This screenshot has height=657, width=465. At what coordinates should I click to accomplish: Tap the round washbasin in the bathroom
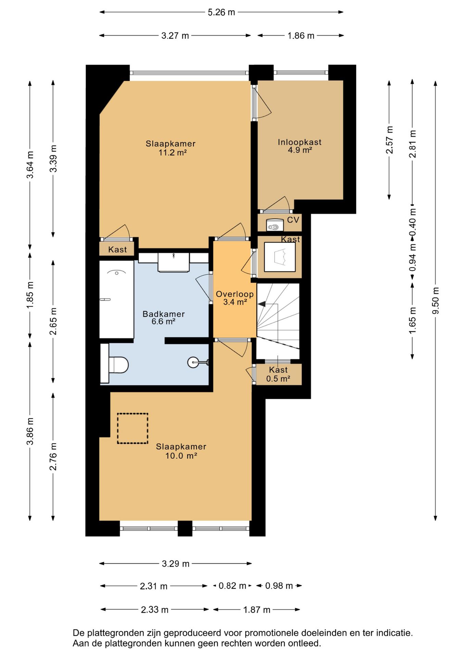click(x=193, y=362)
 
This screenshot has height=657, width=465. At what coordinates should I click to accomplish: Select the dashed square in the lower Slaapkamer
click(x=133, y=428)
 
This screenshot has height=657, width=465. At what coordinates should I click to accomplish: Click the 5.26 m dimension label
click(x=222, y=12)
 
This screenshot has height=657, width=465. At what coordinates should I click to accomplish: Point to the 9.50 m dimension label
click(x=436, y=300)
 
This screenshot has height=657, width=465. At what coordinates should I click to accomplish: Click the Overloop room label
click(x=235, y=294)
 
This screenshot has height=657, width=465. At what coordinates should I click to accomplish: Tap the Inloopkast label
click(x=300, y=142)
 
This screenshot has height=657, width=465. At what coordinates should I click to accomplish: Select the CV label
click(x=293, y=220)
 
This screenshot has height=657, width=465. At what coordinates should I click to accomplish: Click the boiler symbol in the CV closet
click(x=275, y=224)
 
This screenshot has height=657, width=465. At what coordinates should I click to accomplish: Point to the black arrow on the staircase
click(x=262, y=304)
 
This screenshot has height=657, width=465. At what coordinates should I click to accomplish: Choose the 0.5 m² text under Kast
click(x=278, y=378)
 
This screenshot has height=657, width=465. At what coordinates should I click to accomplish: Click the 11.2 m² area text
click(x=172, y=152)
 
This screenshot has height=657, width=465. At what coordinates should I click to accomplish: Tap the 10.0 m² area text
click(x=181, y=455)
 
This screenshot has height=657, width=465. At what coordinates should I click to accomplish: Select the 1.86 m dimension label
click(x=301, y=36)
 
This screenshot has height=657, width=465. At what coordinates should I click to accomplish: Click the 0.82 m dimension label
click(x=232, y=586)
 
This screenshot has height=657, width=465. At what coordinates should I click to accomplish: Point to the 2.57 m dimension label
click(x=389, y=140)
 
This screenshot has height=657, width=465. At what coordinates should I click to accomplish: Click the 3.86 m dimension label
click(x=30, y=431)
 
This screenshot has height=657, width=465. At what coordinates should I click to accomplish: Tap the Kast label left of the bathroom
click(x=117, y=249)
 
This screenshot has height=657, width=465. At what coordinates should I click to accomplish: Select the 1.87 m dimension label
click(x=257, y=610)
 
